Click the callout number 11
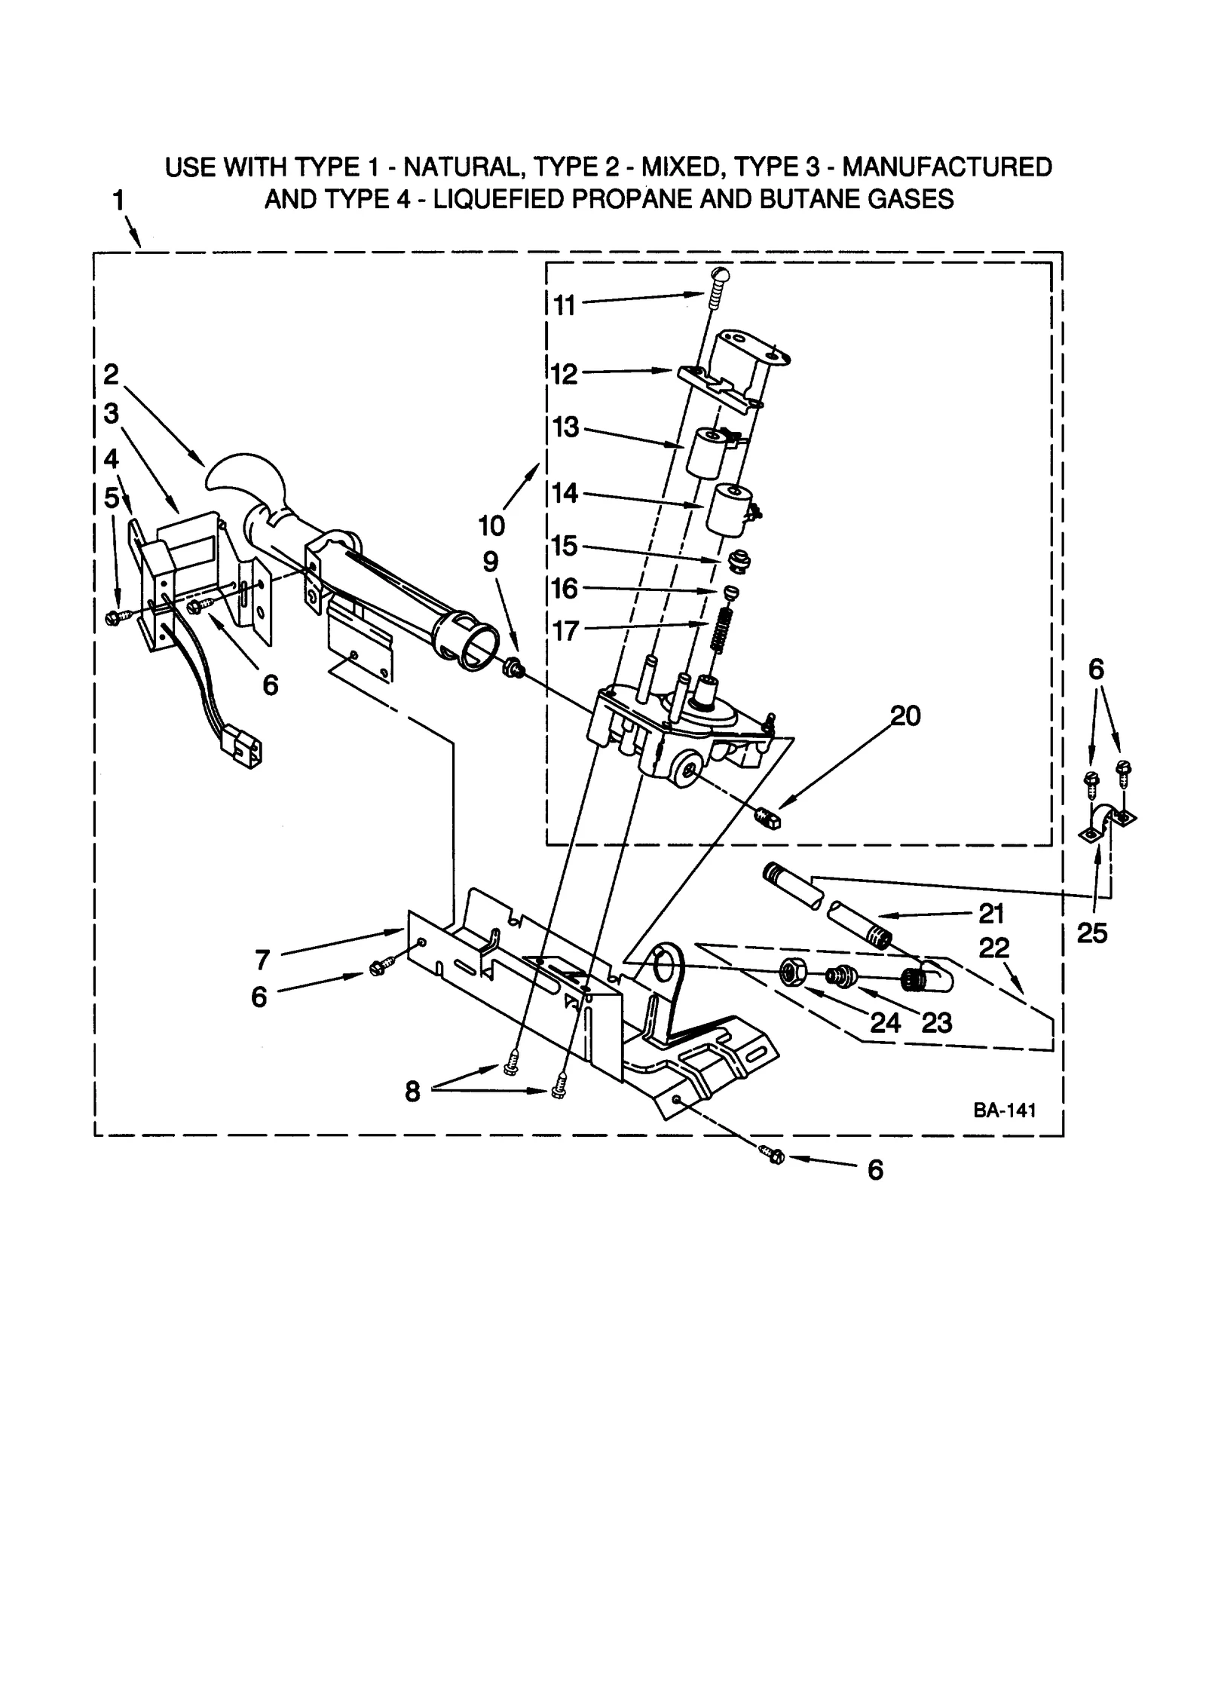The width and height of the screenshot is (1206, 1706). coord(564,305)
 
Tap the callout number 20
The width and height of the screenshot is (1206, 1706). coord(905,715)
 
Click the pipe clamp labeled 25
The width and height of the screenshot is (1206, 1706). coord(1107,823)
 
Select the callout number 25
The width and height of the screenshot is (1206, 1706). coord(1092,933)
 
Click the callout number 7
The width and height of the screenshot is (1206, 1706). coord(262,960)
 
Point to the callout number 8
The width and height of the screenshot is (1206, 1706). coord(412,1091)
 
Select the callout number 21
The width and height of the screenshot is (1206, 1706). coord(991,914)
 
